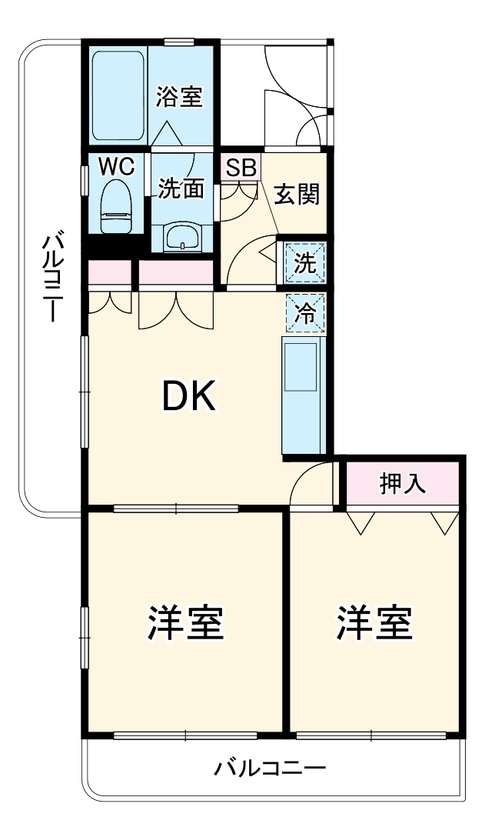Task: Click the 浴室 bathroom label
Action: pyautogui.click(x=179, y=98)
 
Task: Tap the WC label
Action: pyautogui.click(x=116, y=165)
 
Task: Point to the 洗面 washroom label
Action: pyautogui.click(x=181, y=188)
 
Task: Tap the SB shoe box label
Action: pyautogui.click(x=241, y=167)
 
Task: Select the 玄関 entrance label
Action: pyautogui.click(x=297, y=195)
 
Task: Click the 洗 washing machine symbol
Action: pyautogui.click(x=306, y=264)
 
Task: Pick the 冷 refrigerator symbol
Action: pyautogui.click(x=306, y=313)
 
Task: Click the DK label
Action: pyautogui.click(x=188, y=397)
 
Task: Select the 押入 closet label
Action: pyautogui.click(x=403, y=484)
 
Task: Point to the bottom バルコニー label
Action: pyautogui.click(x=271, y=768)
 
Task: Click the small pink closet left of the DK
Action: pyautogui.click(x=109, y=272)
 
